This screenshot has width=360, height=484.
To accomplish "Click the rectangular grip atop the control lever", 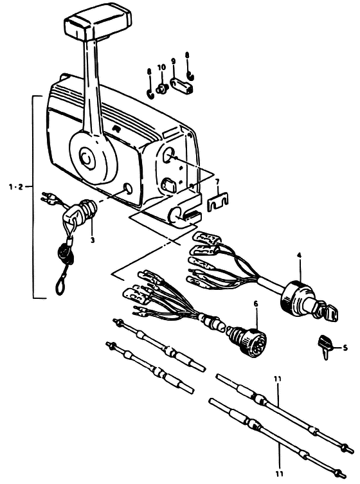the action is (x=97, y=23).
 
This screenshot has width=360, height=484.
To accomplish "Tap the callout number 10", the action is (x=161, y=67).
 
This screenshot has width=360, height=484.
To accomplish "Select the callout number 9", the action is (x=174, y=61).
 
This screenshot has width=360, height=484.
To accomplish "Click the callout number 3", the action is (x=93, y=240).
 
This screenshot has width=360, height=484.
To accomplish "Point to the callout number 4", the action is (x=299, y=255).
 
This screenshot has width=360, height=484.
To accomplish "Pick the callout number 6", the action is (x=256, y=305).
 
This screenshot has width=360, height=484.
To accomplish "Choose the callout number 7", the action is (x=218, y=181).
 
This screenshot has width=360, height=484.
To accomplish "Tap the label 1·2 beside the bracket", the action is (x=16, y=187).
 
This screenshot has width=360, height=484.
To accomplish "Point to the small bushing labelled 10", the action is (x=161, y=89).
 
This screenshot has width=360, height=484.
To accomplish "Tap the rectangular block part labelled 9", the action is (x=181, y=85).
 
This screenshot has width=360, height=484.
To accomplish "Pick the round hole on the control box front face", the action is (x=127, y=188).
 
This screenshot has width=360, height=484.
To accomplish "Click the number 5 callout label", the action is (x=345, y=348).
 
